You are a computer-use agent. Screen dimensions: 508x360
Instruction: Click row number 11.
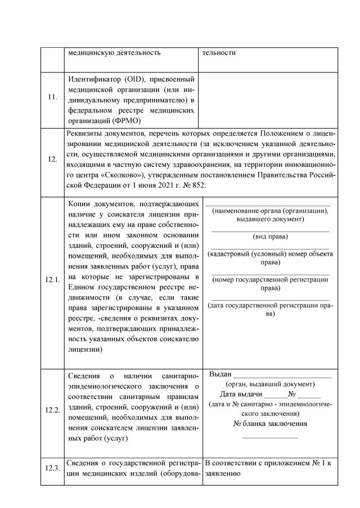pos(52,97)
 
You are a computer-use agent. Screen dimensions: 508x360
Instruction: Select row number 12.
pos(52,159)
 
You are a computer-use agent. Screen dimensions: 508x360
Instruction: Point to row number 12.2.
pos(52,410)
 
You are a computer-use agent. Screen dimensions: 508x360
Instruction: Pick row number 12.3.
pos(52,469)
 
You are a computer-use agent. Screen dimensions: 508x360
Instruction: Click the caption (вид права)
pos(270,237)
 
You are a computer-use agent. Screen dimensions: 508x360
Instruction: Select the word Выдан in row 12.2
pos(220,374)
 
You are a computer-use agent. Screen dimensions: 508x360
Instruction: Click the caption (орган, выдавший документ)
pos(269,384)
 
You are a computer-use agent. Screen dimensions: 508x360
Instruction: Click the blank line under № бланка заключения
pos(269,437)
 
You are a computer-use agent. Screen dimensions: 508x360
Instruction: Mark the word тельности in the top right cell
pos(219,53)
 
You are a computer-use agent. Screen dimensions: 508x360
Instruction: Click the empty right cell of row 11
pos(269,100)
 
